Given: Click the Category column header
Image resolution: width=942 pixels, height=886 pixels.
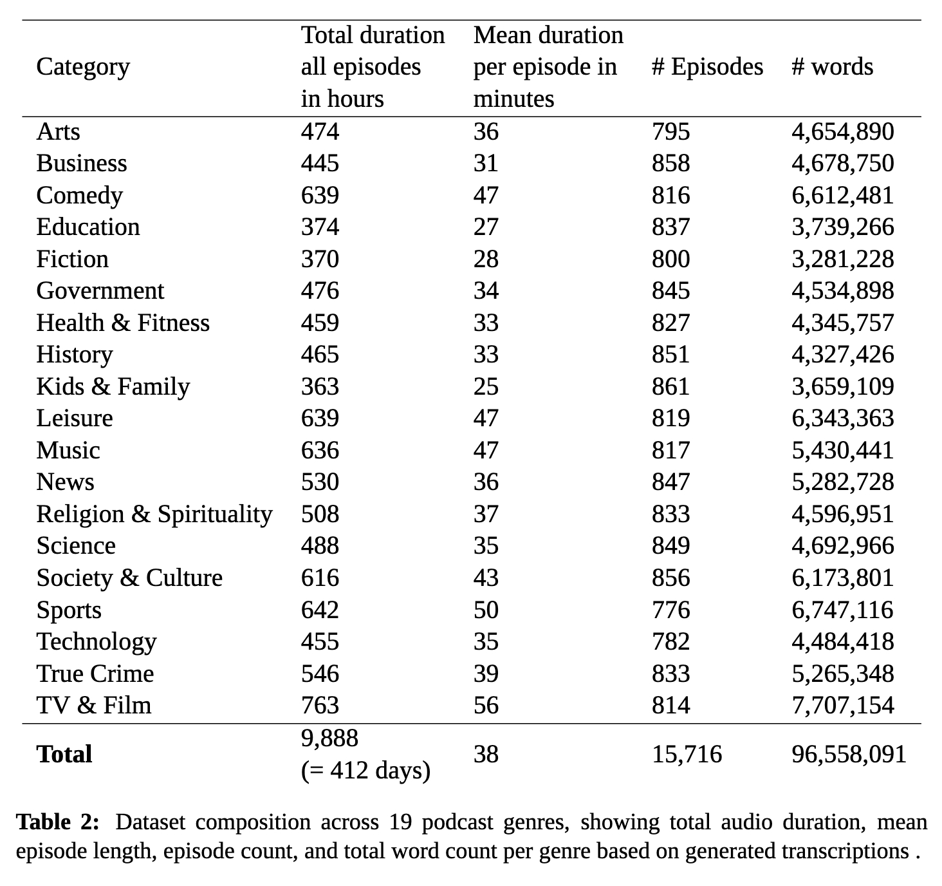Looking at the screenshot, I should pyautogui.click(x=83, y=67).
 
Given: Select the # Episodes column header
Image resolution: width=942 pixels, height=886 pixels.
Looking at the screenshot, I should pyautogui.click(x=707, y=67).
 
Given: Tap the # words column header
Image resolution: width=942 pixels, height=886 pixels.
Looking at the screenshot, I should pyautogui.click(x=832, y=67).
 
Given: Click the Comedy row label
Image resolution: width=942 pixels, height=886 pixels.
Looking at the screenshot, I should pyautogui.click(x=79, y=195).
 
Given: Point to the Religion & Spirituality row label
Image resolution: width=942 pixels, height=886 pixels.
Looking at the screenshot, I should pyautogui.click(x=154, y=514).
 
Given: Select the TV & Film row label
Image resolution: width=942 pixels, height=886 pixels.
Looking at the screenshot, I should pyautogui.click(x=94, y=705).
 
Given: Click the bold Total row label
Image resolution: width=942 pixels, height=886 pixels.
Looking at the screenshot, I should pyautogui.click(x=64, y=754).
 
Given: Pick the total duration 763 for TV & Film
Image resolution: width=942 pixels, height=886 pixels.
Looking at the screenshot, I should pyautogui.click(x=320, y=705).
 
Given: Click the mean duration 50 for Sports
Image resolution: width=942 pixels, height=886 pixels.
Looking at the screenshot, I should pyautogui.click(x=486, y=610).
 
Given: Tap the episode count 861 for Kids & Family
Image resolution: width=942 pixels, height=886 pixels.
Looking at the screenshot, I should pyautogui.click(x=670, y=386).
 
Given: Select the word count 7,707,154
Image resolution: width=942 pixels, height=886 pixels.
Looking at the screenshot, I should pyautogui.click(x=842, y=705).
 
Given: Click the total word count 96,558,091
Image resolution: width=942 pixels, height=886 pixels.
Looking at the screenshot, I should pyautogui.click(x=849, y=754).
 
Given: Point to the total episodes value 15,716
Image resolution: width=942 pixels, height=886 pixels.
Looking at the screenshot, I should pyautogui.click(x=687, y=754).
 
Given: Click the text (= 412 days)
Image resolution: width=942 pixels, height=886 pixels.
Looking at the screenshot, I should pyautogui.click(x=365, y=770).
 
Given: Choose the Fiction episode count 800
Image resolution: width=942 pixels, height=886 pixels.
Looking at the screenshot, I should pyautogui.click(x=670, y=259).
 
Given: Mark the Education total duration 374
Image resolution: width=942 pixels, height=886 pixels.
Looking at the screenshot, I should pyautogui.click(x=320, y=227).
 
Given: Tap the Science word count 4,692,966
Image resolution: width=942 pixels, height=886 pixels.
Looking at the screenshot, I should pyautogui.click(x=842, y=546).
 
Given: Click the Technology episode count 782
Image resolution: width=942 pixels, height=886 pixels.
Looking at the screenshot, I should pyautogui.click(x=670, y=642).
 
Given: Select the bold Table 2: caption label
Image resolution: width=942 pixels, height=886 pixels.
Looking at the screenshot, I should pyautogui.click(x=58, y=822).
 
